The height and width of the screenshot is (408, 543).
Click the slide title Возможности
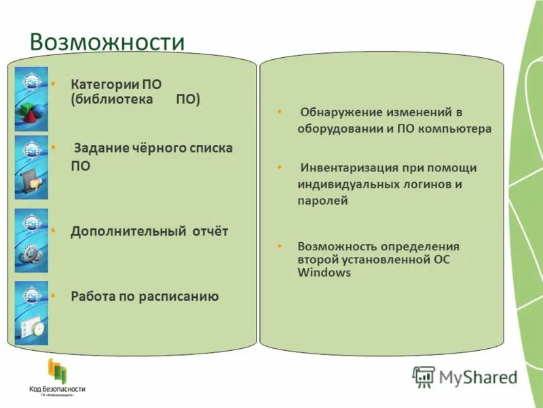[x=107, y=42]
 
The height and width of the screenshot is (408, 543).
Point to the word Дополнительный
[x=128, y=231]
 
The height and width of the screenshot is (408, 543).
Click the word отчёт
[x=209, y=231]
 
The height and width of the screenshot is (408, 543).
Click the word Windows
[x=324, y=273]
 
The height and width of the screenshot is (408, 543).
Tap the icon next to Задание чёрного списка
[x=31, y=180]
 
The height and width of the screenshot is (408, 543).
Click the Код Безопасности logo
[x=56, y=377]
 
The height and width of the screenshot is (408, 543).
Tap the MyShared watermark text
[x=478, y=376]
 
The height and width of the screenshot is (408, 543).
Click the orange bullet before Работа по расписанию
[x=53, y=296]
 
